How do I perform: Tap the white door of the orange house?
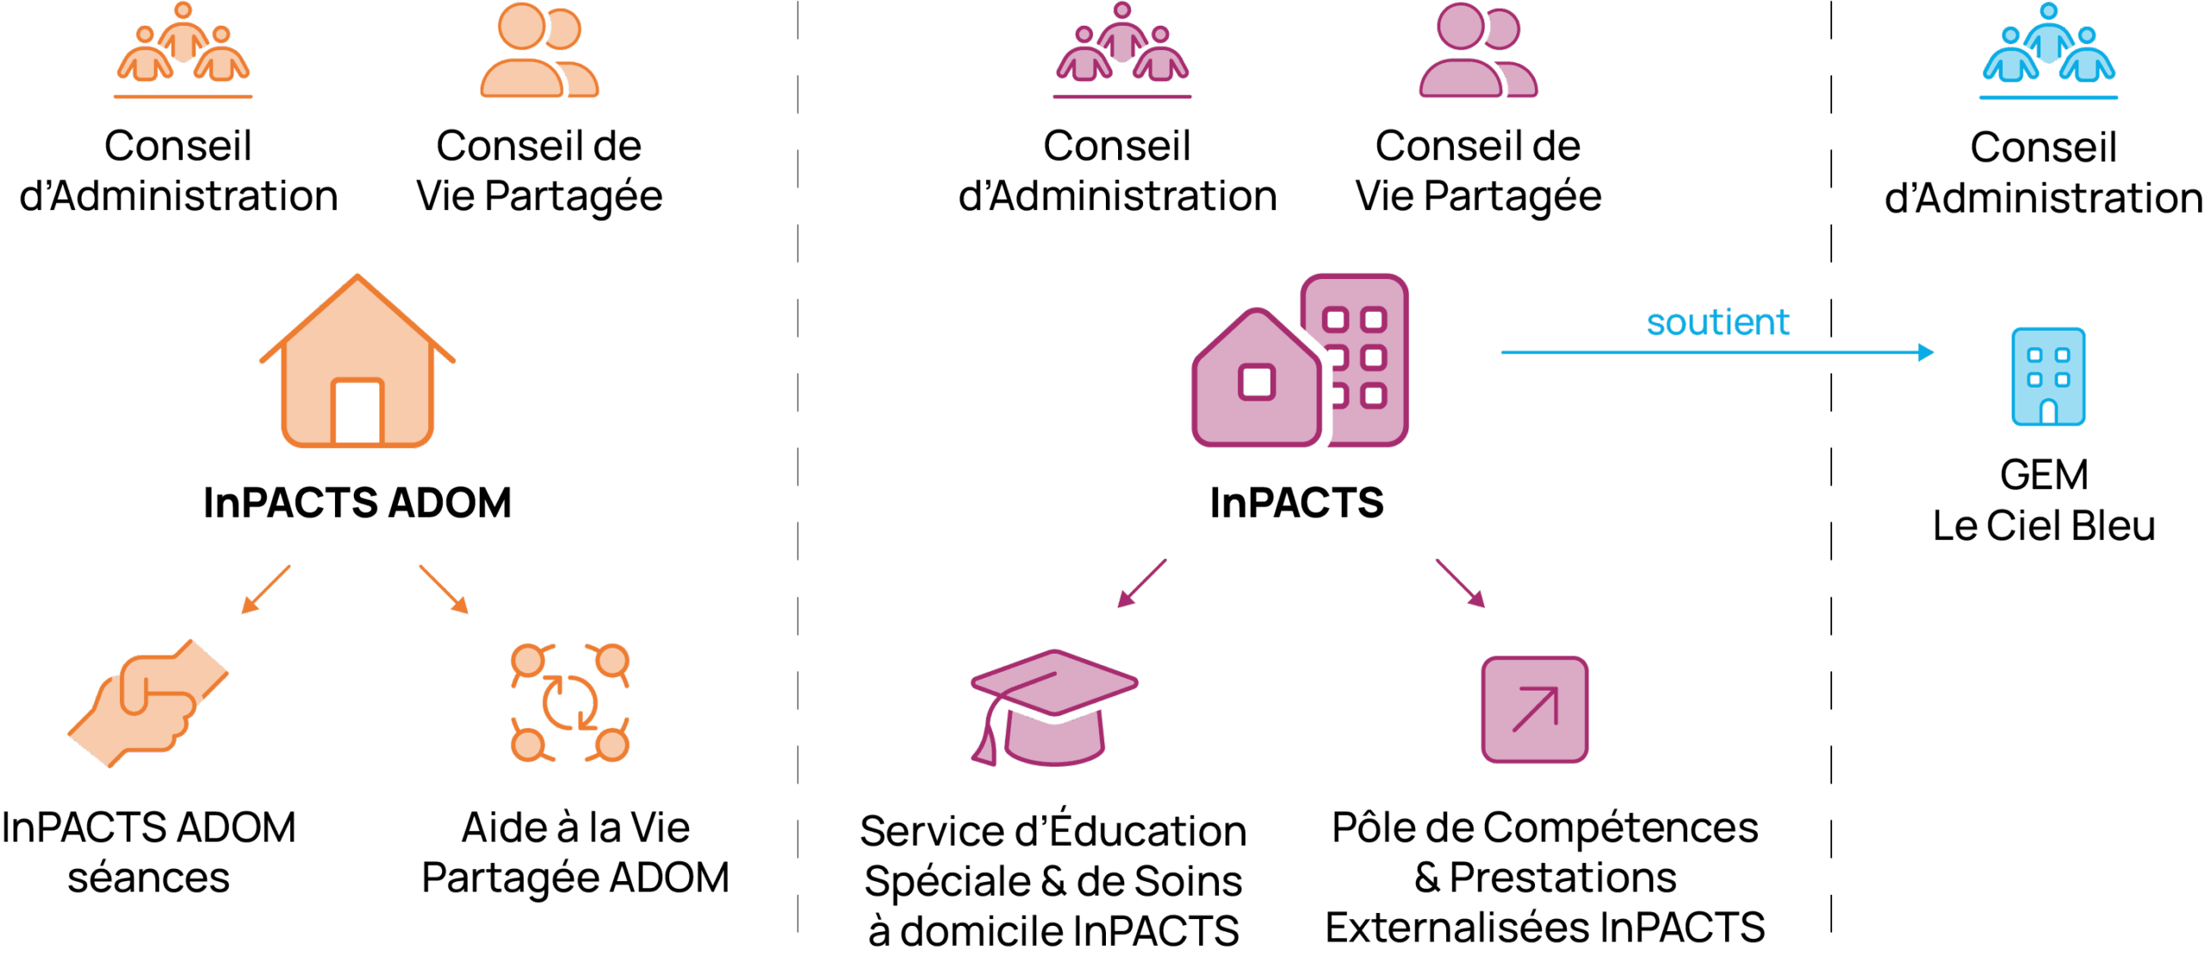tap(357, 413)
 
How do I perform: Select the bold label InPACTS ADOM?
tap(357, 503)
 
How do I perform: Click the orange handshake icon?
tap(149, 703)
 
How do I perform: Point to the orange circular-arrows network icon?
tap(570, 703)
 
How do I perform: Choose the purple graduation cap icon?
tap(1053, 707)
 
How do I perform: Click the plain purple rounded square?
tap(1534, 709)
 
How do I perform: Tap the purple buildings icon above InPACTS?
tap(1300, 361)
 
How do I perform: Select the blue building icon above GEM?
tap(2048, 376)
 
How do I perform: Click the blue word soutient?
tap(1717, 323)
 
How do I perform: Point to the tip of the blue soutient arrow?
tap(1933, 352)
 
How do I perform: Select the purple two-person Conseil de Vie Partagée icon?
tap(1478, 50)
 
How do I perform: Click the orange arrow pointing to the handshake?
tap(264, 590)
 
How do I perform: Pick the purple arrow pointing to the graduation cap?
tap(1141, 584)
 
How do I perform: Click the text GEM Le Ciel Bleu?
tap(2044, 500)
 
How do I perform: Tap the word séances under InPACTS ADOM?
tap(149, 879)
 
